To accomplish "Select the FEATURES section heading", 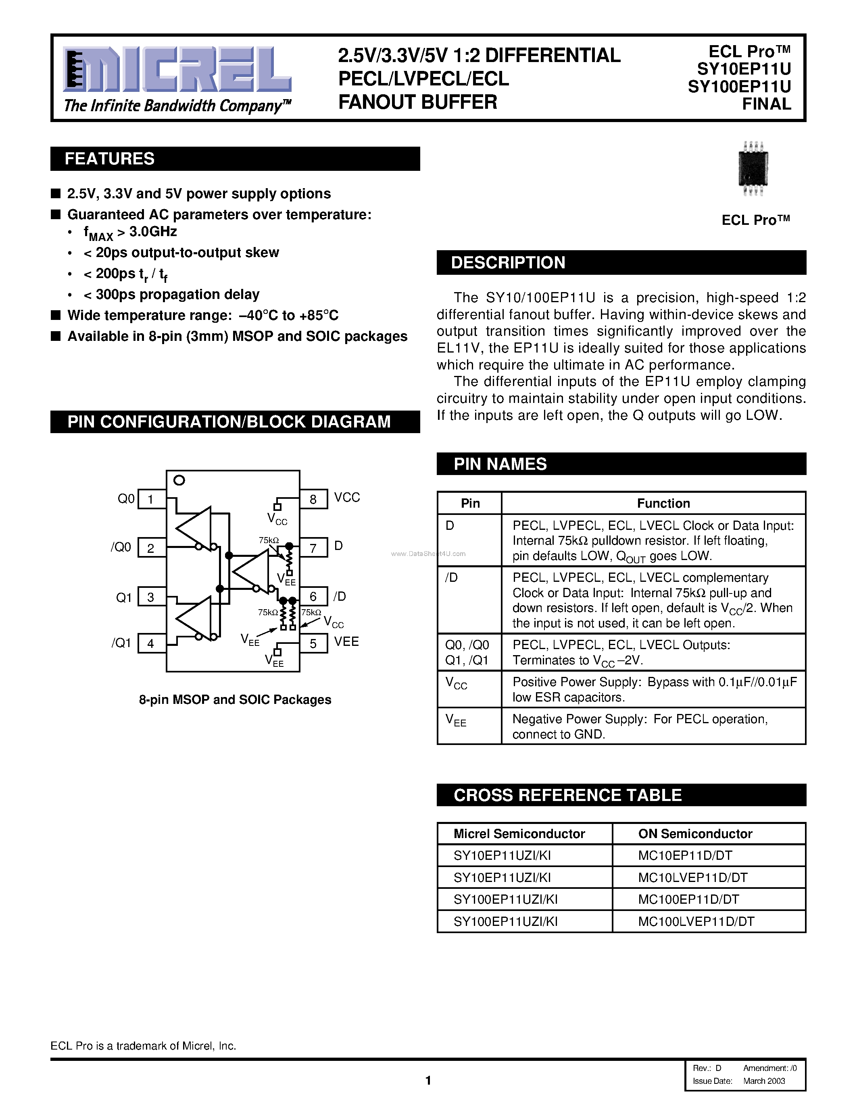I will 110,159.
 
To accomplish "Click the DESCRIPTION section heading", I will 508,263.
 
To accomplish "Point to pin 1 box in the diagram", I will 151,499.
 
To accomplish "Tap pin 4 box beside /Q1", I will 151,643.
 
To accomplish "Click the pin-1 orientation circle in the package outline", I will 179,480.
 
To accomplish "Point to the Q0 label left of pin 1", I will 126,499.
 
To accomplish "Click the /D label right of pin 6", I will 340,596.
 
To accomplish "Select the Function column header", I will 663,503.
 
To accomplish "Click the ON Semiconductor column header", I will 695,834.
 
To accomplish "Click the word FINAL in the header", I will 766,104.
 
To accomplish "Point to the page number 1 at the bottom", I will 428,1080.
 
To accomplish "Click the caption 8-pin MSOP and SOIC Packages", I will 235,699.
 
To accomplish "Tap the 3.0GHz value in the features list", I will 153,232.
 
